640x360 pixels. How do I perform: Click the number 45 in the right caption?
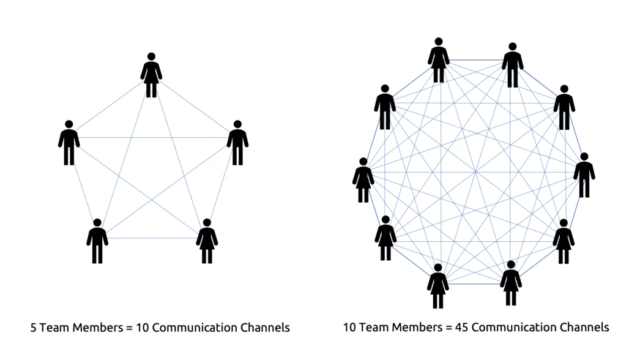tap(461, 328)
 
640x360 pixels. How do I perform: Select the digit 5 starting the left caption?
tap(34, 328)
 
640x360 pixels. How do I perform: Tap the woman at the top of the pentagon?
tap(151, 75)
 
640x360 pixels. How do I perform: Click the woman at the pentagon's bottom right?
tap(207, 241)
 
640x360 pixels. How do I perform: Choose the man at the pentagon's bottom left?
tap(97, 241)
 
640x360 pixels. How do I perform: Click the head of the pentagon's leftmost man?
tap(69, 124)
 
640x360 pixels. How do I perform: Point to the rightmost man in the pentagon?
tap(237, 143)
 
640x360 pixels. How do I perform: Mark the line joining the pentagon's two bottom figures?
tap(152, 238)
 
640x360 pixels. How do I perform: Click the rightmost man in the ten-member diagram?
tap(584, 175)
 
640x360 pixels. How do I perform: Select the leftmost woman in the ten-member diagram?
tap(363, 180)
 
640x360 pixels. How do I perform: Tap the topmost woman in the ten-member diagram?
tap(439, 60)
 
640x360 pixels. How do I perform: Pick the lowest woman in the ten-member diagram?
tap(438, 286)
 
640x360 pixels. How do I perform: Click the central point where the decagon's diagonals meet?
tap(475, 172)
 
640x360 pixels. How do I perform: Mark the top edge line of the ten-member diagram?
tap(476, 61)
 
